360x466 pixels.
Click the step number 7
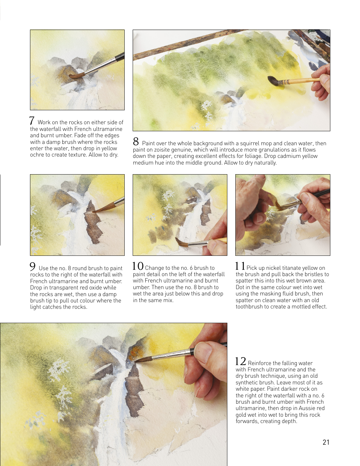click(x=32, y=121)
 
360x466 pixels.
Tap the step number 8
click(x=136, y=142)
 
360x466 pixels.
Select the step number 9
click(x=33, y=266)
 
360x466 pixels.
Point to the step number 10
click(x=138, y=266)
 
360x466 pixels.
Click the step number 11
click(x=240, y=266)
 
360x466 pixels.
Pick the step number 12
click(x=241, y=361)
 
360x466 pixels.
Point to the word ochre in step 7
click(x=36, y=155)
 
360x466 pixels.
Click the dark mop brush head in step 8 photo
click(x=273, y=81)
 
